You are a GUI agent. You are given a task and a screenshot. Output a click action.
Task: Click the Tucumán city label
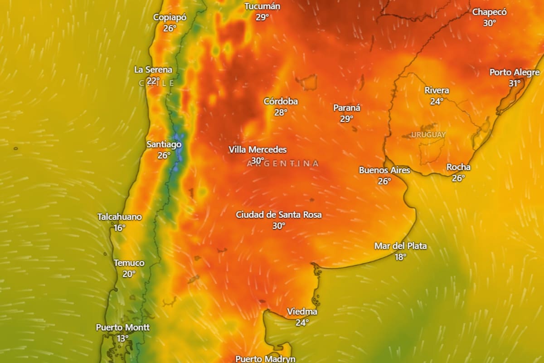(x=262, y=6)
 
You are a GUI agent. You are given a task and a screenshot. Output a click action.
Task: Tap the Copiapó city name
(x=170, y=17)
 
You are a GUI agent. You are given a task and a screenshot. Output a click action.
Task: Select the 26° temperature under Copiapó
(x=170, y=28)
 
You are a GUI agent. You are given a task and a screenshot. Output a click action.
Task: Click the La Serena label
(x=153, y=70)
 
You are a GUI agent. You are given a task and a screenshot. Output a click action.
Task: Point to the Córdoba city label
(x=281, y=101)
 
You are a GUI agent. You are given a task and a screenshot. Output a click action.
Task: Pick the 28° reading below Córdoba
(x=281, y=112)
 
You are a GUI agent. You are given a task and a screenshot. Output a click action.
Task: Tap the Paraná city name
(x=347, y=108)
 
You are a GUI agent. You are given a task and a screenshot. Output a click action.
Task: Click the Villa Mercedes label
(x=257, y=150)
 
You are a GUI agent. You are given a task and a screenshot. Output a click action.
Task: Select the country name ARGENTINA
(x=283, y=163)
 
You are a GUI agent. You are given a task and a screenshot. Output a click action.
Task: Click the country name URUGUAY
(x=428, y=135)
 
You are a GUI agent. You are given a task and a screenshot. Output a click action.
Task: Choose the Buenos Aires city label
(x=384, y=170)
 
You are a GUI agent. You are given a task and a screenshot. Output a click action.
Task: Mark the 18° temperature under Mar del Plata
(x=400, y=257)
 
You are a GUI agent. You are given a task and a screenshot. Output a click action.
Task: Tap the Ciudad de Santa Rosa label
(x=279, y=215)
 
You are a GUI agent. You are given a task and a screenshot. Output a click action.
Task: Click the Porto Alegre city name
(x=515, y=73)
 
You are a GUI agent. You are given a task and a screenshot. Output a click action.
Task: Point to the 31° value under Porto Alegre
(x=515, y=83)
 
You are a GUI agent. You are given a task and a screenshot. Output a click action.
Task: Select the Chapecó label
(x=490, y=12)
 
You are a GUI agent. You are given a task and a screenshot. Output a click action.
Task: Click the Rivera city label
(x=437, y=90)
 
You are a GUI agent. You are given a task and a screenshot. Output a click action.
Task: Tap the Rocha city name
(x=458, y=167)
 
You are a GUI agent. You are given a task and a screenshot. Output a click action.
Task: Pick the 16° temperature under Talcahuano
(x=119, y=228)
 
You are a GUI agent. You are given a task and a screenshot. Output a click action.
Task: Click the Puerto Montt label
(x=122, y=327)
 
